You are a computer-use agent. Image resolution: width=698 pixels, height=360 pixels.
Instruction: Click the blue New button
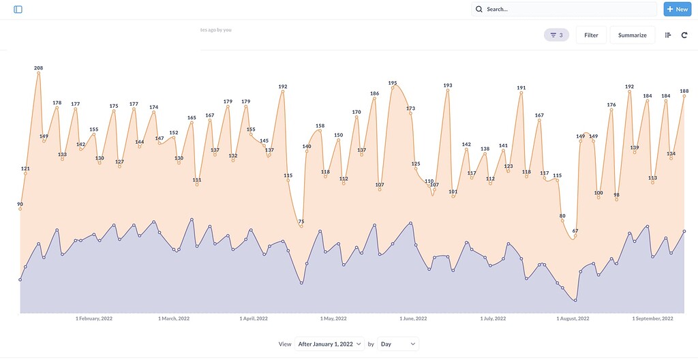(x=677, y=10)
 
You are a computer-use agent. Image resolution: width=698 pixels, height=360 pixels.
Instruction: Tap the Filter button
(x=591, y=35)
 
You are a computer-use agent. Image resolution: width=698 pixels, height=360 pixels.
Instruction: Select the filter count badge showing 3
(x=556, y=35)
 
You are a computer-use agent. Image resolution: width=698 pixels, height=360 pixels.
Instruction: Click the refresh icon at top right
(x=684, y=35)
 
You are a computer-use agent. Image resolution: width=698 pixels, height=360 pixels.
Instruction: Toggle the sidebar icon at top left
(x=18, y=10)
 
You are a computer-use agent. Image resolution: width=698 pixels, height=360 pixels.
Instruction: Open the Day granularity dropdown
(x=397, y=344)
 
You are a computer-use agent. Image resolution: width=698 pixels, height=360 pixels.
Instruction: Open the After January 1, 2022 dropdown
(x=329, y=344)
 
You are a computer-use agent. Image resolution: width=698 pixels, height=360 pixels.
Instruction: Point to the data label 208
(x=39, y=67)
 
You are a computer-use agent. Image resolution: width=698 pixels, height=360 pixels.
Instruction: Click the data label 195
(x=393, y=82)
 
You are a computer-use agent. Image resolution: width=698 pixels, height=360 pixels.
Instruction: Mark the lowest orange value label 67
(x=575, y=231)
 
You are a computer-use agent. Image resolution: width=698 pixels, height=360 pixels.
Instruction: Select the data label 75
(x=301, y=222)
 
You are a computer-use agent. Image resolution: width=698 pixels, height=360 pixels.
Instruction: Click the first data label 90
(x=20, y=204)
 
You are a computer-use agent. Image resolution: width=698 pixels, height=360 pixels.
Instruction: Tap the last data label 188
(x=684, y=91)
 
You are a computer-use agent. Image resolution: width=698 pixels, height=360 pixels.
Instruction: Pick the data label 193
(x=448, y=86)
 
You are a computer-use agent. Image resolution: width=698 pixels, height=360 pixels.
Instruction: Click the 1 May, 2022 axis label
(x=334, y=318)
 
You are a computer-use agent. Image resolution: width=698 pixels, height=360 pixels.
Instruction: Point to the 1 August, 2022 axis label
(x=572, y=318)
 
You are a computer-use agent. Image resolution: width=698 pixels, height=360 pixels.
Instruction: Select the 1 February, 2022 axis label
(x=94, y=318)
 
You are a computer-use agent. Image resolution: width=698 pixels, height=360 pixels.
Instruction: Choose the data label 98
(x=616, y=195)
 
